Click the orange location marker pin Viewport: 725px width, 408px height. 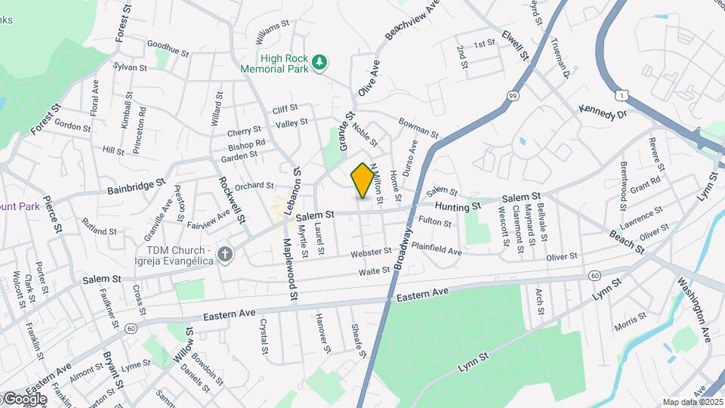coord(362,180)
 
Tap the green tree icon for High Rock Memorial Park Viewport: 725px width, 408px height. coord(320,62)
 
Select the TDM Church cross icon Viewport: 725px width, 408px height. coord(224,255)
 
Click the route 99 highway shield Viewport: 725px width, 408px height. coord(513,96)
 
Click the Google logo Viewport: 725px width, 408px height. coord(24,399)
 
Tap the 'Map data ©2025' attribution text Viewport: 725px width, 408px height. coord(693,402)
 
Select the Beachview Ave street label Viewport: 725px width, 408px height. coord(412,20)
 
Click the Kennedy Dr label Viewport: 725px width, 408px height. coord(603,113)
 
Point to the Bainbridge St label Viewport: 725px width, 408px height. coord(136,185)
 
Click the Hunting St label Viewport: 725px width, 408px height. coord(457,206)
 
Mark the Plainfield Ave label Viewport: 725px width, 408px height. coord(436,249)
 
